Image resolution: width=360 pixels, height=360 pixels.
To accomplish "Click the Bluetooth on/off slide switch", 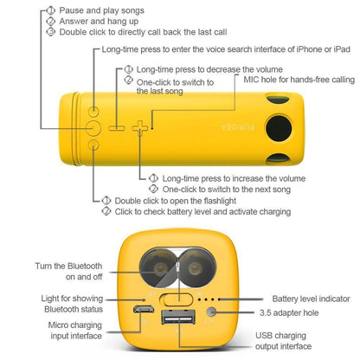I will (x=175, y=299).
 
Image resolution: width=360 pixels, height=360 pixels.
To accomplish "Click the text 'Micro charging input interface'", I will (x=71, y=330).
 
